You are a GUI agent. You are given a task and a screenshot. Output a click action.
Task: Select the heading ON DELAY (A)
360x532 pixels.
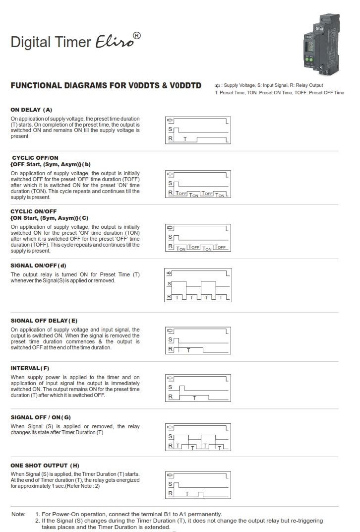pos(31,110)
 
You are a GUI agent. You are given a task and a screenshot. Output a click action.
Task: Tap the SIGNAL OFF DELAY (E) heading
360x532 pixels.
pos(44,321)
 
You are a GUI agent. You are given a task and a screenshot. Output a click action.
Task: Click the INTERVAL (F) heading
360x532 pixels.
pos(30,368)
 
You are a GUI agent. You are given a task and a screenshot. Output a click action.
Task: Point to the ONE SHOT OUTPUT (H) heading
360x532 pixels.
pos(45,465)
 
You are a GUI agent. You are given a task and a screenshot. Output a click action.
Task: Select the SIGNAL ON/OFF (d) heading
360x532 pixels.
pos(38,266)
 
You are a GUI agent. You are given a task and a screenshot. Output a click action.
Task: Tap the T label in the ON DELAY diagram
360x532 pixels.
pos(185,139)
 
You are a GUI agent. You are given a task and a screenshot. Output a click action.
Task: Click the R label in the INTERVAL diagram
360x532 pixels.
pos(171,397)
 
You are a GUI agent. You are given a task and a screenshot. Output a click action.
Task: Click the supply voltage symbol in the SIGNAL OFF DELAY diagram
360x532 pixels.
pos(171,331)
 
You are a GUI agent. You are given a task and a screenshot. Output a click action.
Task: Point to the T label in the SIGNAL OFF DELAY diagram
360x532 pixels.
pos(188,350)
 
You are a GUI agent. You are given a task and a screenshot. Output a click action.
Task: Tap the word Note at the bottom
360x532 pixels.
pos(18,514)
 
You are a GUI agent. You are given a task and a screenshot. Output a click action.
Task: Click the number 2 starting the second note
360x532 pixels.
pos(37,521)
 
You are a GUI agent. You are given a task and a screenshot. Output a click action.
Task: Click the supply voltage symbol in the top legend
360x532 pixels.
pos(217,86)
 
